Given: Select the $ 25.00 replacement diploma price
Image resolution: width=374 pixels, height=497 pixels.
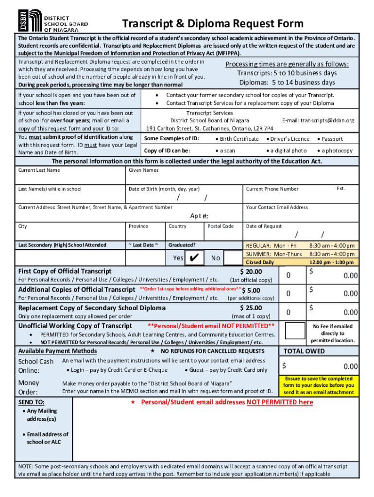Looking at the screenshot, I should tap(251, 308).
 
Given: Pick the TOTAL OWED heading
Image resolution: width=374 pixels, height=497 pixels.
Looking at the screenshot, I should tap(304, 351).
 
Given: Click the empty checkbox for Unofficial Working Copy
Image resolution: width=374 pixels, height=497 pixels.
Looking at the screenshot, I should tap(295, 330).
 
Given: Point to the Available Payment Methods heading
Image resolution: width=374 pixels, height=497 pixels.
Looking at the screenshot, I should tap(57, 351).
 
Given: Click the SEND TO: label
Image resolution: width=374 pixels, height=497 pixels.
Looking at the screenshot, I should tap(31, 402).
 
